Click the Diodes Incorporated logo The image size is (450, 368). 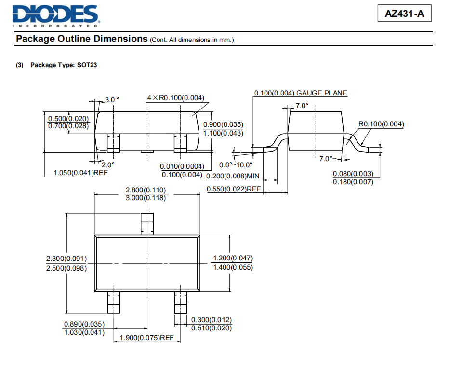(x=56, y=16)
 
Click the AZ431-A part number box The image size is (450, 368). (x=404, y=14)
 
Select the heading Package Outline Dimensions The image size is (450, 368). (x=82, y=39)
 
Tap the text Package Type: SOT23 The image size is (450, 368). (x=64, y=65)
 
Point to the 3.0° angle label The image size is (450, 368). (x=112, y=100)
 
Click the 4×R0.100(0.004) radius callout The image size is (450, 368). (x=176, y=98)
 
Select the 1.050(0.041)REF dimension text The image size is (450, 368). (x=80, y=173)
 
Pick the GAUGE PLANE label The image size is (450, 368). (x=322, y=93)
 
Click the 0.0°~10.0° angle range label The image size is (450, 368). (x=236, y=165)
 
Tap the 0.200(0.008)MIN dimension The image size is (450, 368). (x=233, y=176)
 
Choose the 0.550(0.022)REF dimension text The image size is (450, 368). (x=234, y=189)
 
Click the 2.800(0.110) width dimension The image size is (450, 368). (x=146, y=190)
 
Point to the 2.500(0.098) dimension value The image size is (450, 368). (x=66, y=268)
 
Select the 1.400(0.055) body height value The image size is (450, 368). (x=233, y=267)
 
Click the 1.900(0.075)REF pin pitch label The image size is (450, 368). (x=146, y=338)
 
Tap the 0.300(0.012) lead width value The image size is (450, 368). (x=212, y=320)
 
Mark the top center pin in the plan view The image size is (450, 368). (x=147, y=224)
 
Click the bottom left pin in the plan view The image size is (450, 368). (x=114, y=302)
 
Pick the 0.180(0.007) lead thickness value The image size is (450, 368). (x=353, y=182)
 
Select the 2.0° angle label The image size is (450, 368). (x=108, y=165)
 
